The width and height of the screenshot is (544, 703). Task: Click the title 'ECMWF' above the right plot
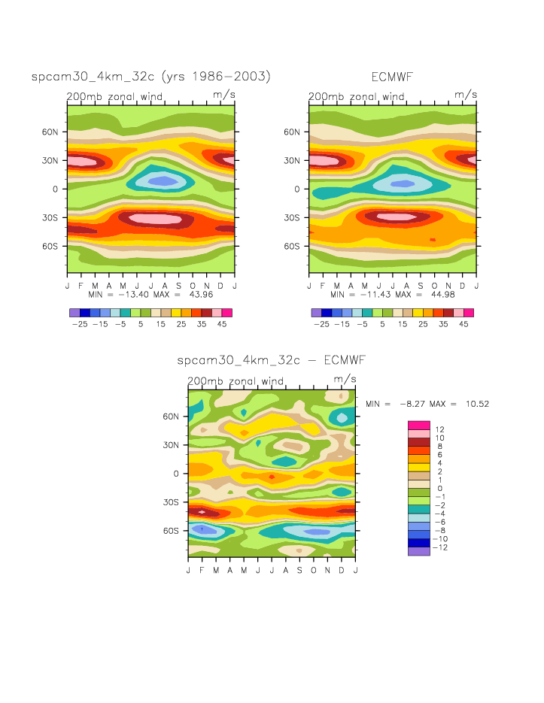point(393,77)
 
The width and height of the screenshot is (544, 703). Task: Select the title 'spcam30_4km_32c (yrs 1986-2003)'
point(150,77)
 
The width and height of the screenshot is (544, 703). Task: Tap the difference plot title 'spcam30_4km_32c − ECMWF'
point(271,360)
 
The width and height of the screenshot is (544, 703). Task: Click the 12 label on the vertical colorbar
point(439,429)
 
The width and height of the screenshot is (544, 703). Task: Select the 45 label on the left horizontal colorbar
point(223,325)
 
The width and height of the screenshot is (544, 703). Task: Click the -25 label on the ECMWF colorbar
point(321,325)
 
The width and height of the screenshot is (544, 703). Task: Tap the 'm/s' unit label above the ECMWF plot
point(466,95)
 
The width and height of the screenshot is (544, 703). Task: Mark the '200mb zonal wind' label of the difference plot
point(236,381)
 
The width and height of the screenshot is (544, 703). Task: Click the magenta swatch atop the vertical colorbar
point(418,426)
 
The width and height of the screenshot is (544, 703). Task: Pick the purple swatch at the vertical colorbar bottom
point(418,551)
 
